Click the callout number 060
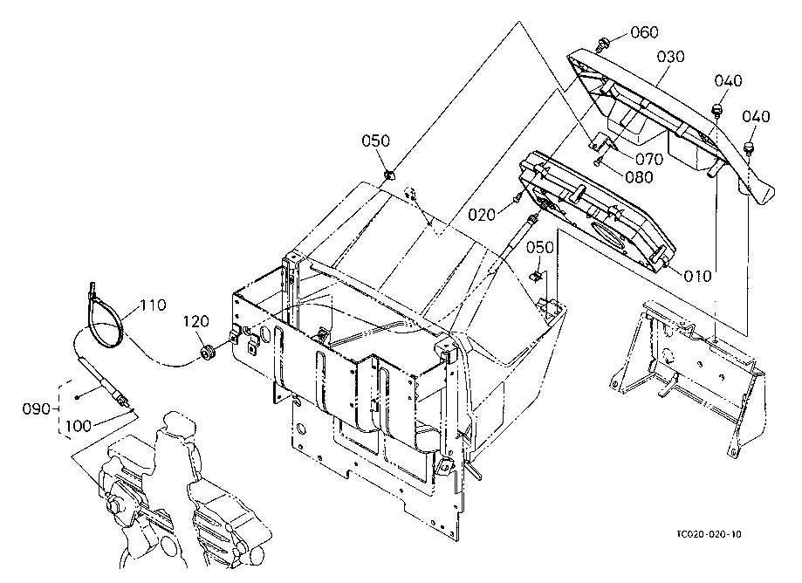coord(644,33)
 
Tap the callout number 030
coord(670,57)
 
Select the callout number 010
coord(697,276)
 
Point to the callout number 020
coord(482,215)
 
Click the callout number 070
coord(649,159)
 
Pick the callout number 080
coord(639,177)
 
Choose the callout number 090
coord(37,409)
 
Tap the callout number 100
coord(79,426)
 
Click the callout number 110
coord(153,305)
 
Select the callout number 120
coord(196,322)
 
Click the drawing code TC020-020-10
coord(709,534)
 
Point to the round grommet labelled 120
coord(207,352)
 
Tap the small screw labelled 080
coord(599,162)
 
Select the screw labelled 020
coord(518,197)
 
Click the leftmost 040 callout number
coord(728,81)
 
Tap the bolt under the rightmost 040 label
coord(749,149)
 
